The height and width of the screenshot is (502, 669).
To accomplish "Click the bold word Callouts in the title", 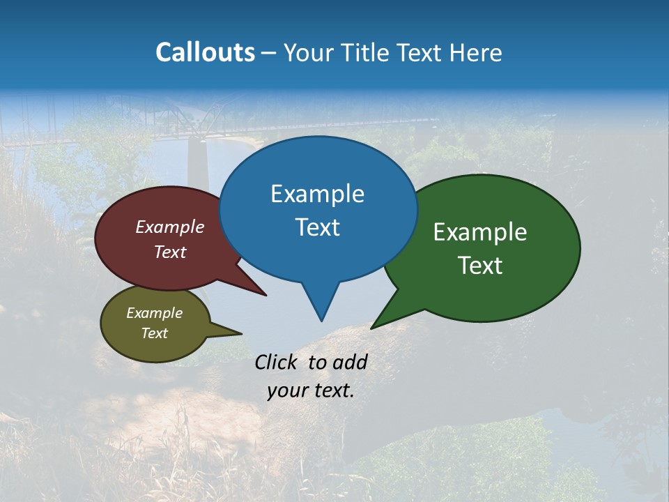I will [x=205, y=52].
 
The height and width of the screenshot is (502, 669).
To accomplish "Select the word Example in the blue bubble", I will [x=317, y=194].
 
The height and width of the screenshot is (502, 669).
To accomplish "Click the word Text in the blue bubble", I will [x=317, y=227].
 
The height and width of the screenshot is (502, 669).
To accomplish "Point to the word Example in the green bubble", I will [x=480, y=232].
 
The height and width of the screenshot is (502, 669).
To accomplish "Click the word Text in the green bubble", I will [x=480, y=266].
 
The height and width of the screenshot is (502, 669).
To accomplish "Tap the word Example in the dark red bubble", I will [x=169, y=227].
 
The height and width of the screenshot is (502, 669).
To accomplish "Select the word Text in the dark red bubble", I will [x=169, y=252].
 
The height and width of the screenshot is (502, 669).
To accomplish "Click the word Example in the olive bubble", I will [x=154, y=313].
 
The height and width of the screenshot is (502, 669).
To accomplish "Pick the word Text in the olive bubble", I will [x=154, y=333].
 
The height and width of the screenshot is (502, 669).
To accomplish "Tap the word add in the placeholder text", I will [x=349, y=362].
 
